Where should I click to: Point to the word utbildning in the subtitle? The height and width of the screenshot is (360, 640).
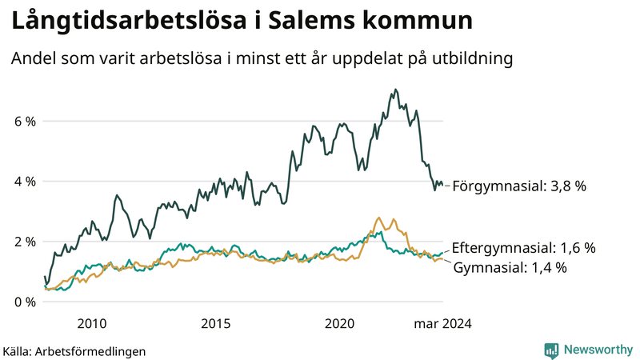[x=471, y=58]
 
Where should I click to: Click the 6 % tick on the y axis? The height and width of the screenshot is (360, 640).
[x=24, y=121]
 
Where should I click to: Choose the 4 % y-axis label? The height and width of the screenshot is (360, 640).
[x=24, y=182]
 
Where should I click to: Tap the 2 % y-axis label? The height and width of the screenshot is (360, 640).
[x=24, y=242]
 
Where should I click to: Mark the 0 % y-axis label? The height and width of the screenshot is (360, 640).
[x=24, y=302]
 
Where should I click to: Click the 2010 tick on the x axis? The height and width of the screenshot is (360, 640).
[x=92, y=324]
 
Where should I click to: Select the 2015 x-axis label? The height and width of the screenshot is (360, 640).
[x=216, y=324]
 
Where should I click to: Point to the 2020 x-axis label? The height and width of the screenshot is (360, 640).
[x=340, y=324]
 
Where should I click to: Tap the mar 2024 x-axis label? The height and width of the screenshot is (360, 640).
[x=442, y=324]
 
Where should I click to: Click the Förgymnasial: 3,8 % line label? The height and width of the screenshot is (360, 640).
[x=519, y=186]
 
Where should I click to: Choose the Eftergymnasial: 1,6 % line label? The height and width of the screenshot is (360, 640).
[x=524, y=248]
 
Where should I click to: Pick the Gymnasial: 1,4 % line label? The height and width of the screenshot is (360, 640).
[x=510, y=267]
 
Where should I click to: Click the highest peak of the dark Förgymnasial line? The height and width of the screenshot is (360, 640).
[x=396, y=90]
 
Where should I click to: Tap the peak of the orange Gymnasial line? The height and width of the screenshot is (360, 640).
[x=378, y=218]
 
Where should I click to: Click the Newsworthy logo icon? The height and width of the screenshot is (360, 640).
[x=551, y=350]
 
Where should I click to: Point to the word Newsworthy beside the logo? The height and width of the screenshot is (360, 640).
[x=598, y=350]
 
